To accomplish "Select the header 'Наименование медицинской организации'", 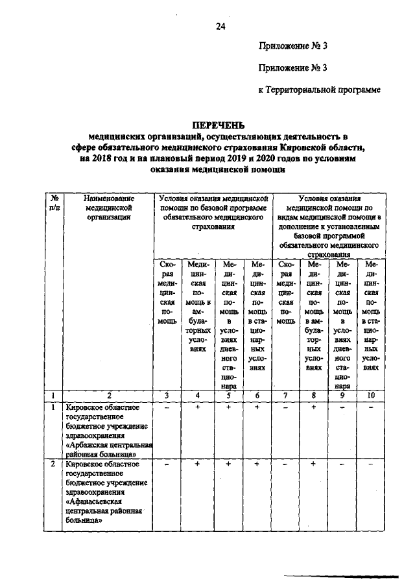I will (108, 208).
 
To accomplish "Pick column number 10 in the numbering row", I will (370, 394).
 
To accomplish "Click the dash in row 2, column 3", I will (167, 465).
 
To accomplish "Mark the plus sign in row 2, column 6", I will (257, 465).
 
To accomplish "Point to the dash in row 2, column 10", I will (370, 465).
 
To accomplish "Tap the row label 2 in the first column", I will (52, 465).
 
